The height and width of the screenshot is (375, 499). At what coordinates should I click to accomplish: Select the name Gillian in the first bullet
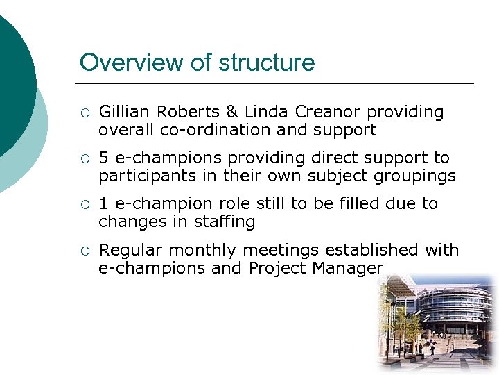tap(125, 112)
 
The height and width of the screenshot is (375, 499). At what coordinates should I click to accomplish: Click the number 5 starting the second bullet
tap(103, 158)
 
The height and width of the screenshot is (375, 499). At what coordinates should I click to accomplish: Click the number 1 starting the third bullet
tap(103, 203)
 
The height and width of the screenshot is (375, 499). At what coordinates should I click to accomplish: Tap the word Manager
tap(350, 268)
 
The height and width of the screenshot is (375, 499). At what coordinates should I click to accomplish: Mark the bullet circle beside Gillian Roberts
tap(84, 112)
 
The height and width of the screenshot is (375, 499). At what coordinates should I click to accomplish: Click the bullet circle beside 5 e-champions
tap(84, 158)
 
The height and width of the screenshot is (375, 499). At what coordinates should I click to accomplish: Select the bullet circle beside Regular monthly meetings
tap(84, 250)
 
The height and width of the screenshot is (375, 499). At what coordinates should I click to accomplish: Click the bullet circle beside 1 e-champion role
tap(84, 204)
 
